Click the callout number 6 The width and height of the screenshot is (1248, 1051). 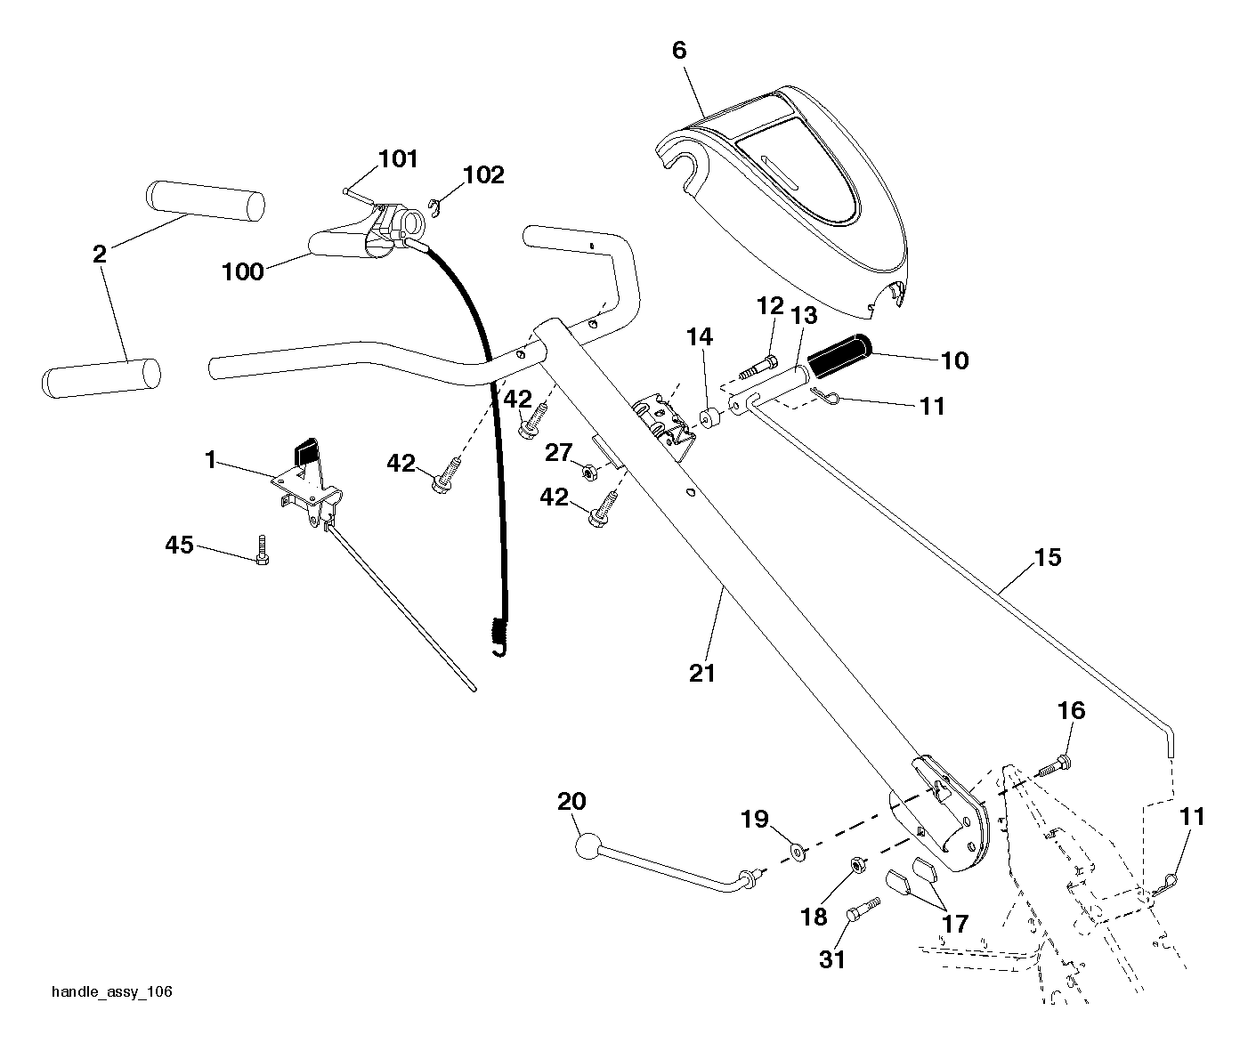pos(679,50)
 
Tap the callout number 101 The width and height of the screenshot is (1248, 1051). pos(398,159)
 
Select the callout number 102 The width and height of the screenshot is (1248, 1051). pos(483,175)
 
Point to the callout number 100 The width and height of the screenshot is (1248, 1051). pos(243,271)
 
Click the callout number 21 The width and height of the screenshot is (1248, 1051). pos(702,674)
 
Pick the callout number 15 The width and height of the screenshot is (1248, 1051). pos(1047,557)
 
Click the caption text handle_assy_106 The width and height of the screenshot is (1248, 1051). pos(112,992)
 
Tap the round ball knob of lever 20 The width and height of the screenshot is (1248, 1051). pos(588,846)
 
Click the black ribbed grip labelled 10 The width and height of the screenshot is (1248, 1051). pos(839,355)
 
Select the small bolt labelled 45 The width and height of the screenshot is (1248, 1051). pos(263,550)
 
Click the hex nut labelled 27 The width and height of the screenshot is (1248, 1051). pos(590,474)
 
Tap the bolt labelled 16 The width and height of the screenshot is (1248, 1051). pos(1054,765)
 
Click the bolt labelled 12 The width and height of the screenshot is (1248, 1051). pos(758,366)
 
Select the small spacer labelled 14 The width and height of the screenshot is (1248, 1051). pos(709,418)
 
